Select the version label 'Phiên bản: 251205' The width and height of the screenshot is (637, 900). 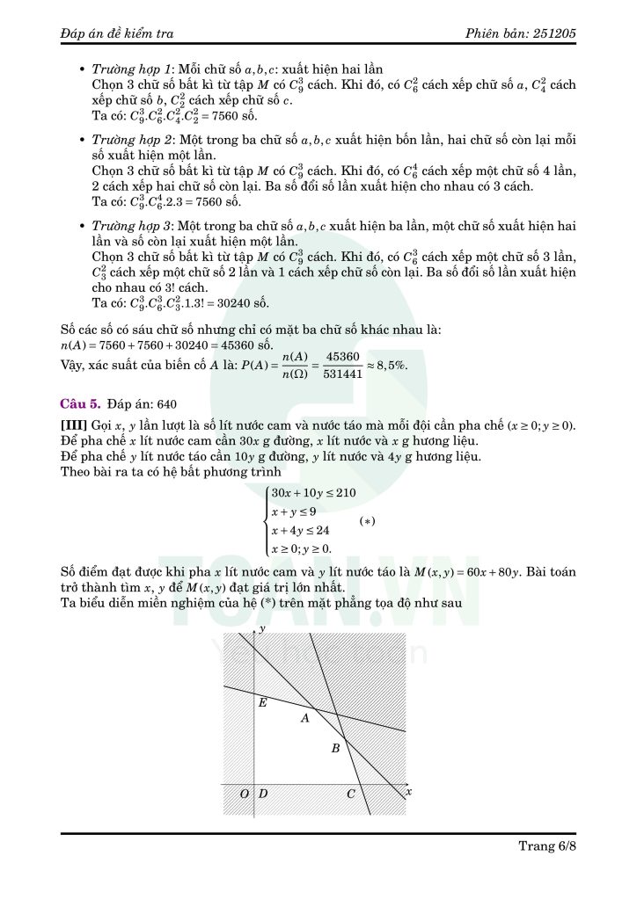[x=523, y=33]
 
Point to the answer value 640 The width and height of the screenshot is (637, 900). [x=167, y=405]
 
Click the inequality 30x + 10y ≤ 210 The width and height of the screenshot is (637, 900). [x=301, y=493]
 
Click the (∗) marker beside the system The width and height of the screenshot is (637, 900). [x=368, y=521]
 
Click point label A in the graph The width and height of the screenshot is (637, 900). [x=304, y=719]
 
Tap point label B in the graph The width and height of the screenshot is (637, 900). [x=334, y=749]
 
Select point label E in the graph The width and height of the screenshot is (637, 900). [x=263, y=702]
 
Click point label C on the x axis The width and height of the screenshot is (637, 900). [x=350, y=795]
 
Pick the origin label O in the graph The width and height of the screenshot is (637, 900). [x=245, y=795]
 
